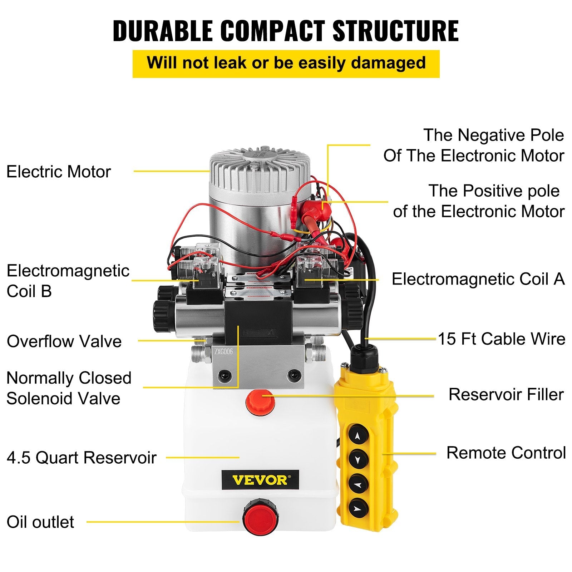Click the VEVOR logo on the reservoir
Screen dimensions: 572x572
click(x=260, y=480)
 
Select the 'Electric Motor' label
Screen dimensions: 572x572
click(x=59, y=172)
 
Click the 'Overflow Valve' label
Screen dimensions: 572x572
click(x=64, y=341)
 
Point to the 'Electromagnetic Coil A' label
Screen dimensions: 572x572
click(x=478, y=279)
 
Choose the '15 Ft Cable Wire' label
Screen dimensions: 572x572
click(x=502, y=339)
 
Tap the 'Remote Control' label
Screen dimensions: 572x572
click(x=506, y=453)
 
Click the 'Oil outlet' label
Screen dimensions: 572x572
click(x=40, y=522)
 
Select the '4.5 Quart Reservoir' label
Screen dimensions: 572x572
click(x=82, y=458)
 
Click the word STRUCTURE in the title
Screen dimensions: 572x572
click(x=395, y=31)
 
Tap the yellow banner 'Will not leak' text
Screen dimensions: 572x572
click(x=286, y=63)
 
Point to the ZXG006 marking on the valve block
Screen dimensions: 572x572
click(x=223, y=352)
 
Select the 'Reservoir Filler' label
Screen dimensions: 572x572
click(x=506, y=395)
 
